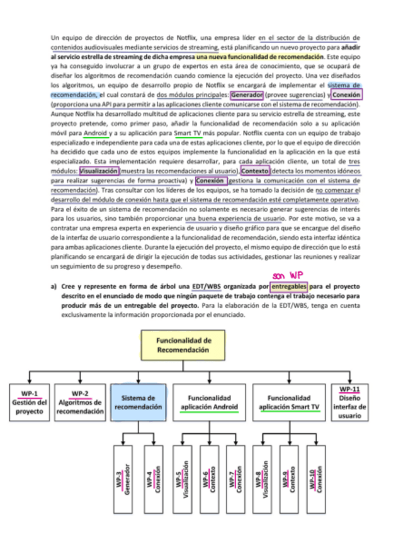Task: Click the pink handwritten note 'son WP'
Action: [x=289, y=275]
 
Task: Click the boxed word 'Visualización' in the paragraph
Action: [x=99, y=171]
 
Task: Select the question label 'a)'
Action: [x=54, y=287]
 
